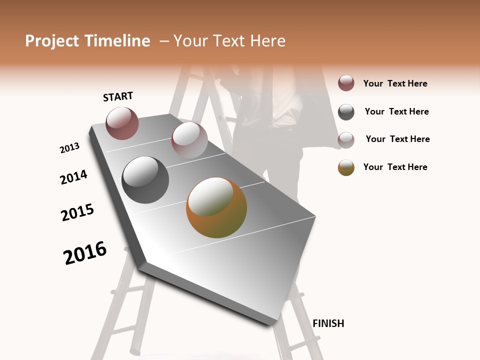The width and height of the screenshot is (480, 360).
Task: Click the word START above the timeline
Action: pos(118,96)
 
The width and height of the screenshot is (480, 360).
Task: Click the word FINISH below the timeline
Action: pos(328,323)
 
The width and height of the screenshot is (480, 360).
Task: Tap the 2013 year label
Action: pos(70,148)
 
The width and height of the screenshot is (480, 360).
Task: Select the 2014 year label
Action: pos(74,177)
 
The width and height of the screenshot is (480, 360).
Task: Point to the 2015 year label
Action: pos(77,212)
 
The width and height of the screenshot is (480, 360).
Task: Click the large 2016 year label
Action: pos(85,252)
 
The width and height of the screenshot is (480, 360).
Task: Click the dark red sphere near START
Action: pos(122,123)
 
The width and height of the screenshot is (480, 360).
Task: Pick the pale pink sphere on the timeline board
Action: pos(189,140)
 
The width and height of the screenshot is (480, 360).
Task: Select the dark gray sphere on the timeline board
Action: pos(145,180)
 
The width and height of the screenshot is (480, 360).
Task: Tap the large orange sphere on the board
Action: pos(216,207)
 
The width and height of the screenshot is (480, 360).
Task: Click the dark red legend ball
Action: pos(346,83)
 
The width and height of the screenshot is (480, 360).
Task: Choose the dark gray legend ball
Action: pos(346,112)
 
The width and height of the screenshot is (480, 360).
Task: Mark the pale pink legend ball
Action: pos(346,140)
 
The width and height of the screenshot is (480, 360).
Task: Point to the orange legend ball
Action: pos(346,167)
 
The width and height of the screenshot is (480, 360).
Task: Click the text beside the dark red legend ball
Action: pos(395,83)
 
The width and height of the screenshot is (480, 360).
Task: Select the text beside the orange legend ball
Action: pos(395,167)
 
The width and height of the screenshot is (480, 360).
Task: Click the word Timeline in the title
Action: pos(118,41)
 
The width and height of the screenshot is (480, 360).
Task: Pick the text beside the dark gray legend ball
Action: pos(396,111)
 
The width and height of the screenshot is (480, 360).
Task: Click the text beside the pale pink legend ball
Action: pos(397,139)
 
